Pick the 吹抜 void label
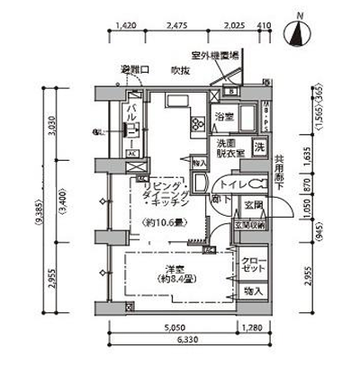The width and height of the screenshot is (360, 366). pos(179,69)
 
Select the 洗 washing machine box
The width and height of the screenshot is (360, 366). pos(258,148)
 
